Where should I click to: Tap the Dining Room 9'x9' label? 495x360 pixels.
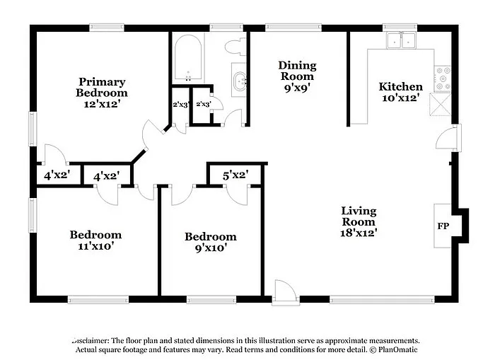[x=297, y=76]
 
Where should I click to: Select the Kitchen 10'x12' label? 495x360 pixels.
[x=401, y=92]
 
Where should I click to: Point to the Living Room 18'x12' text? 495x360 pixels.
[x=359, y=221]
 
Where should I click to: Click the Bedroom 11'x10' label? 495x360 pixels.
[x=95, y=240]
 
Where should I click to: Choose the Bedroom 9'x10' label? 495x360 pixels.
[x=210, y=242]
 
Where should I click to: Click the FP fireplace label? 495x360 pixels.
[x=441, y=226]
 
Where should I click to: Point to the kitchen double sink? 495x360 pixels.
[x=401, y=40]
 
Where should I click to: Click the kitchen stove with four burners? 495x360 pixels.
[x=443, y=79]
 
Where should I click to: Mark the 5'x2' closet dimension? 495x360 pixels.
[x=235, y=175]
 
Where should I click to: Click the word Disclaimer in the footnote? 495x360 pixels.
[x=95, y=340]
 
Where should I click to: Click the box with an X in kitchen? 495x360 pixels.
[x=443, y=104]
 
